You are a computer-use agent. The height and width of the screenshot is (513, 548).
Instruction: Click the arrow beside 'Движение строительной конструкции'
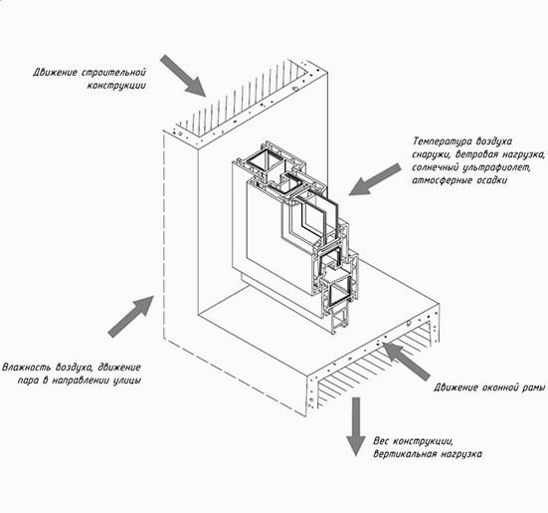(x=183, y=75)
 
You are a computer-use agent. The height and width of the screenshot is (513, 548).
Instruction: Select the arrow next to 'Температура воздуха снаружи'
(x=375, y=179)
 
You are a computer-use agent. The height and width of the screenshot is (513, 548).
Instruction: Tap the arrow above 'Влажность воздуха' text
(x=130, y=317)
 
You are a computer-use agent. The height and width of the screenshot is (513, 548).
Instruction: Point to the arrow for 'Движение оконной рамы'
(x=406, y=362)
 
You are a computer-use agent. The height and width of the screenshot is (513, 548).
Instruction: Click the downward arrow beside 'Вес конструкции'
(x=356, y=426)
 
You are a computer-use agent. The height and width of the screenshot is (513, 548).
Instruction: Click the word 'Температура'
(x=441, y=141)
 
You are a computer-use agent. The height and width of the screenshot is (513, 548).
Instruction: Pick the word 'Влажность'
(x=27, y=368)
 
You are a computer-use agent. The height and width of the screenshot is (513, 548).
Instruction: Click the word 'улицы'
(x=127, y=381)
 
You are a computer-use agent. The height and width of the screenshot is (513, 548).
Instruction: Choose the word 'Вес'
(x=381, y=440)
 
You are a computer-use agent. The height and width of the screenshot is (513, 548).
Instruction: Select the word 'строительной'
(x=114, y=73)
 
